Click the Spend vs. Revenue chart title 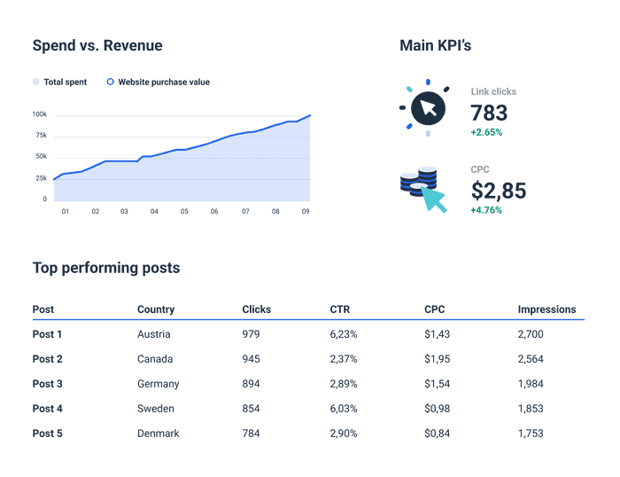pyautogui.click(x=97, y=46)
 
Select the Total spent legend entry pyautogui.click(x=60, y=82)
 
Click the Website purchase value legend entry pyautogui.click(x=159, y=82)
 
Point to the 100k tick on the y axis pyautogui.click(x=39, y=114)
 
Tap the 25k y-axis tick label pyautogui.click(x=41, y=178)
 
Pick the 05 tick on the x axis pyautogui.click(x=184, y=212)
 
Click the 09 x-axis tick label pyautogui.click(x=306, y=212)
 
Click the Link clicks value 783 pyautogui.click(x=489, y=113)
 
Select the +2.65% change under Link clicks pyautogui.click(x=486, y=133)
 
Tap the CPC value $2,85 pyautogui.click(x=499, y=190)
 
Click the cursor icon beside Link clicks pyautogui.click(x=428, y=110)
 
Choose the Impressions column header pyautogui.click(x=546, y=310)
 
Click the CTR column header pyautogui.click(x=338, y=310)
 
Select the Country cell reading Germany pyautogui.click(x=159, y=384)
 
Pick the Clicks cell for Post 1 pyautogui.click(x=254, y=334)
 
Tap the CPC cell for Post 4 pyautogui.click(x=438, y=409)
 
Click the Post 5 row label pyautogui.click(x=48, y=434)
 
